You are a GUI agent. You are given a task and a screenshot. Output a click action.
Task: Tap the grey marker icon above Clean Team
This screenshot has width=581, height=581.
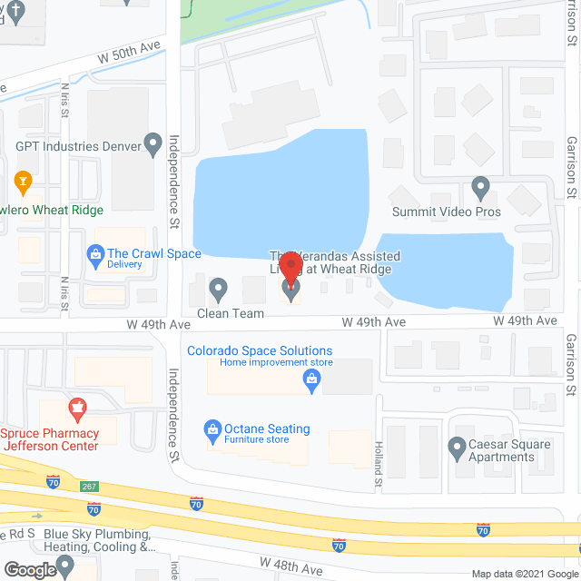(218, 290)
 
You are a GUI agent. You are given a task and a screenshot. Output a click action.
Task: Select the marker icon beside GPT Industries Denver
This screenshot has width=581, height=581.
(153, 144)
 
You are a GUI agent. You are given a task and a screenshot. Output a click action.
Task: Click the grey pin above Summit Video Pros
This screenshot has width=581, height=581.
(481, 189)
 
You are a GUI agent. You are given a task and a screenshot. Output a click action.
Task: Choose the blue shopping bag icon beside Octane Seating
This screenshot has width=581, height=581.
(212, 428)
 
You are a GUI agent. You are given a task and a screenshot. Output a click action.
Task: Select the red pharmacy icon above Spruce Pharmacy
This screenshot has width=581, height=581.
(77, 408)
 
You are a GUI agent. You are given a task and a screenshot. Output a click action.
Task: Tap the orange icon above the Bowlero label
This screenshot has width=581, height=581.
(25, 180)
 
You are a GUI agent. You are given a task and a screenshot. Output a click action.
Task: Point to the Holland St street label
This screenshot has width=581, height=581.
(379, 460)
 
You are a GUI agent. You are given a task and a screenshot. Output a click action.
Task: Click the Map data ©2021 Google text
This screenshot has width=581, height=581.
(524, 574)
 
